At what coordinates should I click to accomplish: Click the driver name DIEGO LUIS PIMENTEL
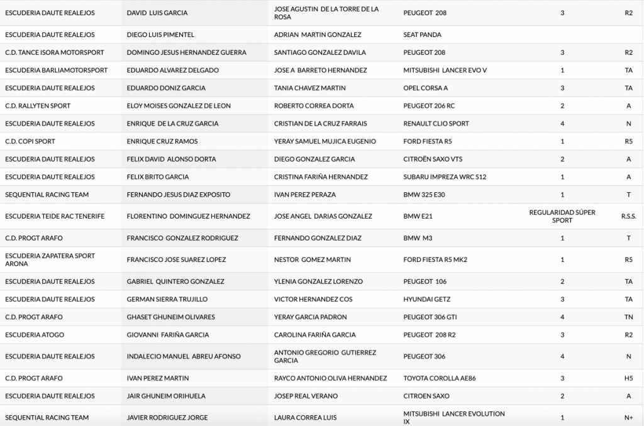pyautogui.click(x=160, y=35)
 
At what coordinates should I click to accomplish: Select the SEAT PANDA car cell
pyautogui.click(x=422, y=35)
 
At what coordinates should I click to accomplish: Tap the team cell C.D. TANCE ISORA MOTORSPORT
pyautogui.click(x=54, y=52)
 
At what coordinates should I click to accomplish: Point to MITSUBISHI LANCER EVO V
pyautogui.click(x=445, y=70)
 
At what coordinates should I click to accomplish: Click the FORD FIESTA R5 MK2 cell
pyautogui.click(x=435, y=259)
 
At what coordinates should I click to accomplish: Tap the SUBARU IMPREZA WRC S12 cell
pyautogui.click(x=445, y=177)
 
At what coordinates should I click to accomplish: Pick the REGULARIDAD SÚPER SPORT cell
pyautogui.click(x=562, y=216)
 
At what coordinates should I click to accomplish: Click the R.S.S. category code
pyautogui.click(x=628, y=216)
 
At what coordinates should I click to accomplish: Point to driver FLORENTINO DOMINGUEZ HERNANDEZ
pyautogui.click(x=188, y=216)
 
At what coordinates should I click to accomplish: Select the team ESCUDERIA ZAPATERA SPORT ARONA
pyautogui.click(x=50, y=259)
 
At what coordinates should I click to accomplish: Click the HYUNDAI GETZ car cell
pyautogui.click(x=426, y=299)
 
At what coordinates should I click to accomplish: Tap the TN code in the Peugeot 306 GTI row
pyautogui.click(x=628, y=317)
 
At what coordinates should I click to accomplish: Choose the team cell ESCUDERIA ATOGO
pyautogui.click(x=35, y=335)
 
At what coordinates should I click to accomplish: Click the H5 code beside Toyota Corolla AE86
pyautogui.click(x=628, y=378)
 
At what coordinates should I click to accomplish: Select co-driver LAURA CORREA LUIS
pyautogui.click(x=305, y=417)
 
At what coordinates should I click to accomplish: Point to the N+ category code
pyautogui.click(x=628, y=417)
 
